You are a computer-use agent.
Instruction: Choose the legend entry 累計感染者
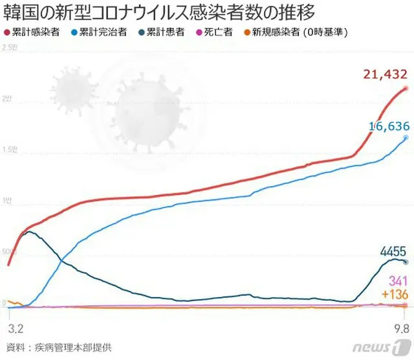coord(36,31)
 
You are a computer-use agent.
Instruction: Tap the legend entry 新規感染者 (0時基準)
coord(298,31)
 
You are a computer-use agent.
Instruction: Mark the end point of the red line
coord(406,88)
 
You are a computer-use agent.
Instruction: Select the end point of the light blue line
coord(406,138)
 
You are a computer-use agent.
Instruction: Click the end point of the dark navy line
coord(406,262)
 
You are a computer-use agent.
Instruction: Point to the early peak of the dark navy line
coord(28,232)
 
